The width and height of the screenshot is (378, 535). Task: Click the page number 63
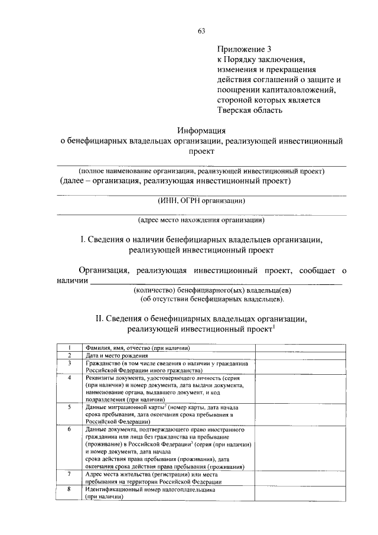(201, 31)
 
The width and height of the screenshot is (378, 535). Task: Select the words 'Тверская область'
(249, 109)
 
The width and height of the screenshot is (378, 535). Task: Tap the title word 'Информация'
(202, 131)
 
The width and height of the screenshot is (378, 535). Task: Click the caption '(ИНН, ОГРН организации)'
(201, 201)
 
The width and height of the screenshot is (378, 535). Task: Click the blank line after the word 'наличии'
(216, 283)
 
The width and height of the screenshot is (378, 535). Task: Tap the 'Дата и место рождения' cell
(115, 355)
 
